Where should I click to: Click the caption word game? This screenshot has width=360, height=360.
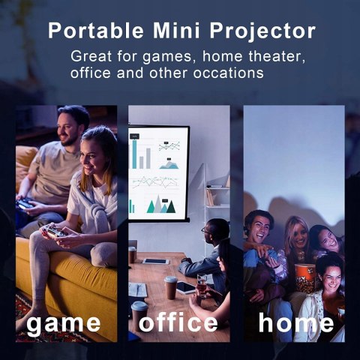(x=63, y=323)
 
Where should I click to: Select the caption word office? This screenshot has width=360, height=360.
(x=178, y=322)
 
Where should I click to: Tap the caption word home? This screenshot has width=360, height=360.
(x=296, y=323)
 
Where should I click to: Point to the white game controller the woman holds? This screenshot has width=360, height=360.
(x=53, y=232)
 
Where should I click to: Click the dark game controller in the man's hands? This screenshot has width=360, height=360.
(x=25, y=203)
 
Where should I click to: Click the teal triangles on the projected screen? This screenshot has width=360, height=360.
(x=157, y=204)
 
